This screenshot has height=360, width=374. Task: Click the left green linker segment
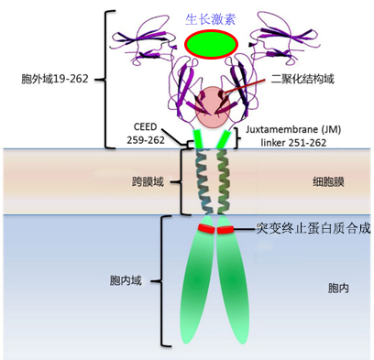[200, 138]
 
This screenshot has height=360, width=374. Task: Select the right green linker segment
[225, 137]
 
